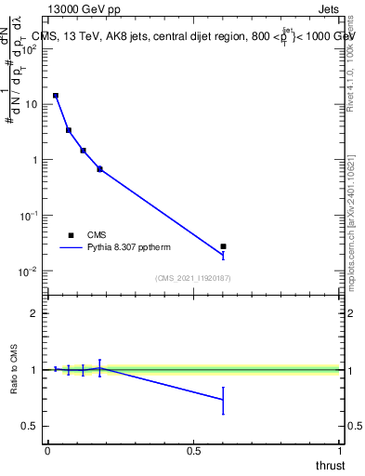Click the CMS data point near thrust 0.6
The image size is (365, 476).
[223, 246]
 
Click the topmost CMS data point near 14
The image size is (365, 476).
[56, 96]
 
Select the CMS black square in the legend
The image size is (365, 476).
[71, 235]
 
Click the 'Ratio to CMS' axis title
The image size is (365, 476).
[14, 369]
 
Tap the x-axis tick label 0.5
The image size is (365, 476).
[193, 451]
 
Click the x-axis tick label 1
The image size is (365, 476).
[340, 451]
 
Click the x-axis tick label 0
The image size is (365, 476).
[47, 451]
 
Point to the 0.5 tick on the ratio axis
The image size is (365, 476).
[31, 426]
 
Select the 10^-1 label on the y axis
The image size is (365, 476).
[28, 215]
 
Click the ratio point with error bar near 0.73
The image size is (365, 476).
[223, 400]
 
